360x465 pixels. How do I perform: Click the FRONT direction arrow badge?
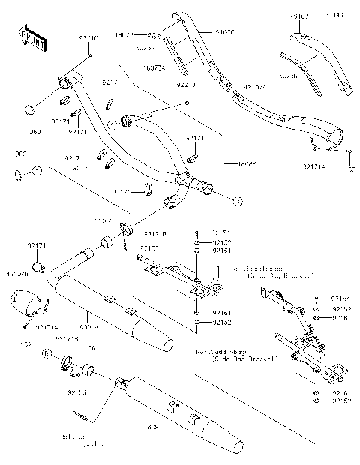pyautogui.click(x=31, y=37)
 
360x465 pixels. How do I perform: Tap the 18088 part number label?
pyautogui.click(x=245, y=163)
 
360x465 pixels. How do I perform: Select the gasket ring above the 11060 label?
pyautogui.click(x=29, y=110)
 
